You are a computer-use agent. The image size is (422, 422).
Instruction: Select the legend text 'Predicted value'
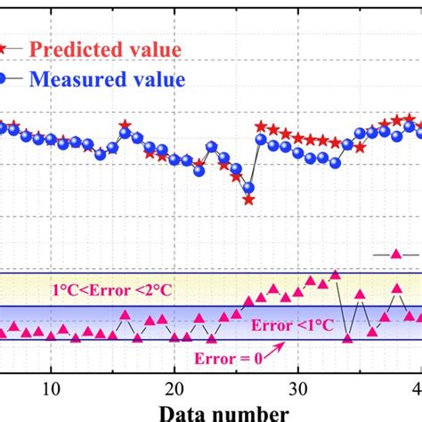tap(106, 49)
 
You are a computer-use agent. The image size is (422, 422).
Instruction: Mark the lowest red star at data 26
tap(248, 199)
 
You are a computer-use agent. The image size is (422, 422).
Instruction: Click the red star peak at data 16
tap(125, 125)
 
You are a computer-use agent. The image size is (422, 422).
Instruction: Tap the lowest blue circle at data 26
tap(248, 187)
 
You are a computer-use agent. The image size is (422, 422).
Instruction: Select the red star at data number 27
tap(261, 127)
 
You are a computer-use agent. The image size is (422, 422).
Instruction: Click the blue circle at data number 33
tap(335, 162)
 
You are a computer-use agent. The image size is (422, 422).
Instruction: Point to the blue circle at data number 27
tap(261, 140)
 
